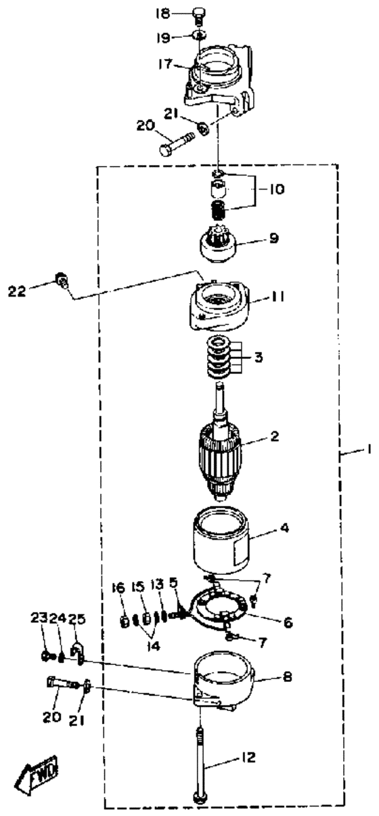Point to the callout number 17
(x=165, y=64)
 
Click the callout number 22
(x=17, y=291)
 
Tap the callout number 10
(x=277, y=190)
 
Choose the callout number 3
(x=259, y=357)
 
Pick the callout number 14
(x=153, y=645)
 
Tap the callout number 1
(x=369, y=450)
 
